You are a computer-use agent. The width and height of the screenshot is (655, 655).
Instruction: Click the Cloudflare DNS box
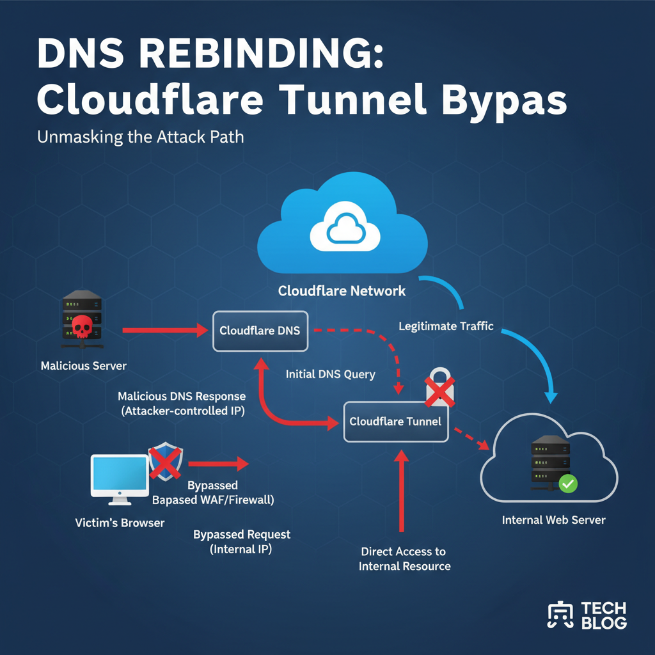pyautogui.click(x=260, y=331)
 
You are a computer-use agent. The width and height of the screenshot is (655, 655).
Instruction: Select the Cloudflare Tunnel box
pyautogui.click(x=395, y=422)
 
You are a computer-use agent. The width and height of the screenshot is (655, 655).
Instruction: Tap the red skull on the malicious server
pyautogui.click(x=81, y=326)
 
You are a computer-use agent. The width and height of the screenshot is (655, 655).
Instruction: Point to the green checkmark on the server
pyautogui.click(x=567, y=483)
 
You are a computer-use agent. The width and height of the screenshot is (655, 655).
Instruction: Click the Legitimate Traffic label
pyautogui.click(x=446, y=326)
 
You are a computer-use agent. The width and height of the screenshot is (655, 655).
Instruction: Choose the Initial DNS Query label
pyautogui.click(x=330, y=374)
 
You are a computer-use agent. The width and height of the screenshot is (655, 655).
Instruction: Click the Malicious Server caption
pyautogui.click(x=84, y=367)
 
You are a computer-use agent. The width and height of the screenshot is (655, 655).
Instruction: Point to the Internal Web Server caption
pyautogui.click(x=553, y=520)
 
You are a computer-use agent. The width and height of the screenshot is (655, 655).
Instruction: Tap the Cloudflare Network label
pyautogui.click(x=342, y=291)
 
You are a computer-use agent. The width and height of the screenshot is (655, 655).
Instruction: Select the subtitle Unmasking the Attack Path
pyautogui.click(x=141, y=137)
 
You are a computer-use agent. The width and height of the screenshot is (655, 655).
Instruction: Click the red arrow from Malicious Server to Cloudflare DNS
pyautogui.click(x=165, y=331)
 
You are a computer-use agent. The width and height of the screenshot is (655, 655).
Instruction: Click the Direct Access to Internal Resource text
pyautogui.click(x=404, y=558)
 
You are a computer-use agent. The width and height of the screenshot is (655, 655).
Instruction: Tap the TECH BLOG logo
pyautogui.click(x=587, y=615)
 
